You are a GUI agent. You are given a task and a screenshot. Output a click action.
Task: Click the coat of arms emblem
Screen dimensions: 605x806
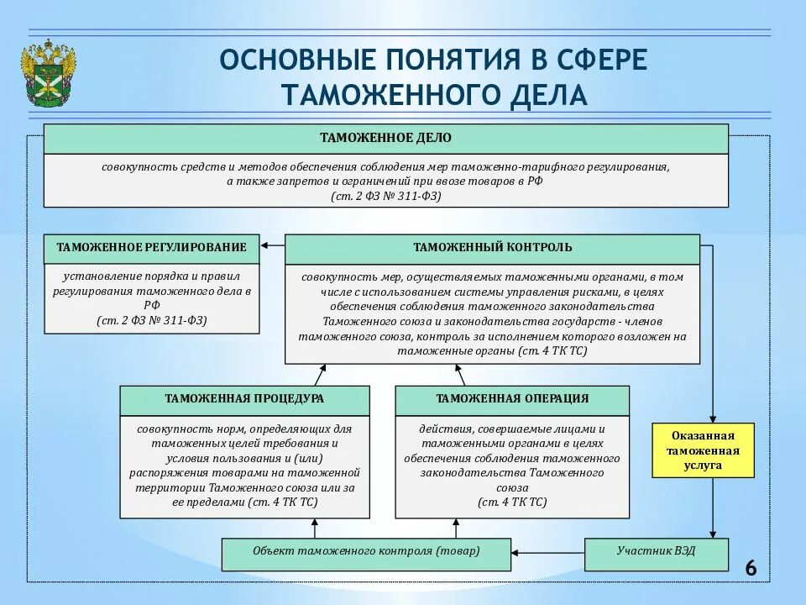click(49, 74)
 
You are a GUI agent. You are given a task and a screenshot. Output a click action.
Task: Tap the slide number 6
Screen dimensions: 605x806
click(751, 569)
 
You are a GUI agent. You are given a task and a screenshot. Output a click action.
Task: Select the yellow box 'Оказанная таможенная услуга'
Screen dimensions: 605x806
click(704, 450)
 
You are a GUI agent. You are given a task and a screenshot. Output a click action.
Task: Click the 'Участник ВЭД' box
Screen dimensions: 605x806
click(657, 553)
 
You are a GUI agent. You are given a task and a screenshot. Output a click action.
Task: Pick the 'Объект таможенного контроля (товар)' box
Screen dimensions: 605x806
click(366, 553)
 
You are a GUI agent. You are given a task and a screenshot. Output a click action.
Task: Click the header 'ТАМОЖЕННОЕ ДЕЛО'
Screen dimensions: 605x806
click(385, 138)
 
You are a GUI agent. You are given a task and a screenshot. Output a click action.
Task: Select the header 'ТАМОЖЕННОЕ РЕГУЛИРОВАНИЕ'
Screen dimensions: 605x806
click(152, 247)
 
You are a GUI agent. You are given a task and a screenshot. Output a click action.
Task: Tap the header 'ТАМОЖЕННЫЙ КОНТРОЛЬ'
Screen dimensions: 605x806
click(492, 247)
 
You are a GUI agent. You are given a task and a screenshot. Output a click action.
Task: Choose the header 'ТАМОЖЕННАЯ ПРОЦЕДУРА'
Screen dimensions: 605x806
click(244, 399)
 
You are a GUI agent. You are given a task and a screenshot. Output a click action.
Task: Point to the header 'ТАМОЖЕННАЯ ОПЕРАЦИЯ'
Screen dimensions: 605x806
click(512, 399)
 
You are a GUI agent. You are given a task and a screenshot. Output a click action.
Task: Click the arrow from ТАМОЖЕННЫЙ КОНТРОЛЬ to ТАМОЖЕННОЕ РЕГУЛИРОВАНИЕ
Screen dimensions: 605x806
click(273, 246)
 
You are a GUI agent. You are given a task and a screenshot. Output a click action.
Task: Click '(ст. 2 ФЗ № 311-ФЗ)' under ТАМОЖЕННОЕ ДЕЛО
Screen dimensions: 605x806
click(385, 196)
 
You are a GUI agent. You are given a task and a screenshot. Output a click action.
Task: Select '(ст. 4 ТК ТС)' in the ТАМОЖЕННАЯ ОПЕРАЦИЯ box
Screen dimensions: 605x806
click(512, 502)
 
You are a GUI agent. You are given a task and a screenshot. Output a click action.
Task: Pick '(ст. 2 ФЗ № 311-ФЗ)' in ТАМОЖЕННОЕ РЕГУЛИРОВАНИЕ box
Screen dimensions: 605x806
click(152, 320)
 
